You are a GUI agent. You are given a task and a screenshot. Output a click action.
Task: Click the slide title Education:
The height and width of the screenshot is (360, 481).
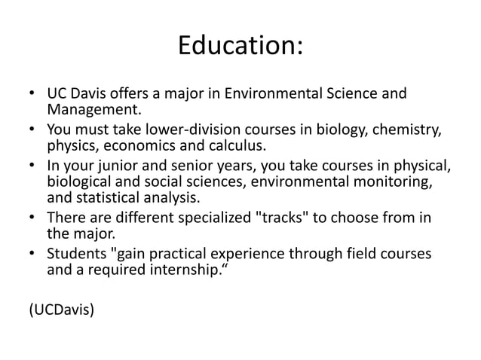point(240,47)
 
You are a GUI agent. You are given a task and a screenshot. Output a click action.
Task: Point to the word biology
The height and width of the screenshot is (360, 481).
point(343,129)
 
